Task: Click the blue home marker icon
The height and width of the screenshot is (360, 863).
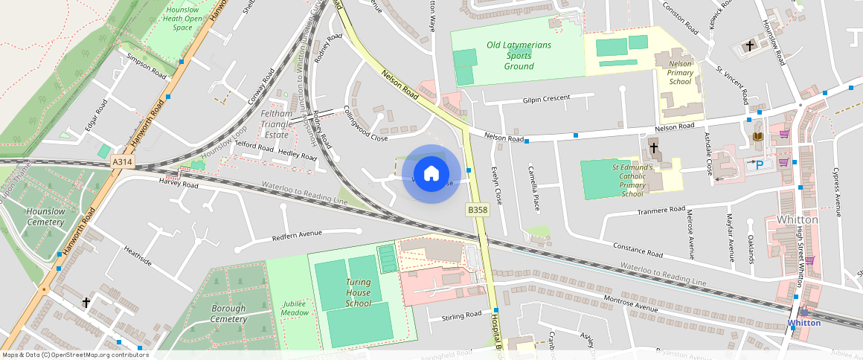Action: [x=431, y=174]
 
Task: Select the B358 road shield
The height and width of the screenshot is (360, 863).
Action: [x=478, y=210]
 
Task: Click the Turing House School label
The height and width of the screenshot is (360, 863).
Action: [x=358, y=292]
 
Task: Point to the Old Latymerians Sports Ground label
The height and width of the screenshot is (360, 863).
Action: [x=519, y=56]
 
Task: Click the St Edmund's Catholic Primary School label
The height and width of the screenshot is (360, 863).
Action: [x=632, y=181]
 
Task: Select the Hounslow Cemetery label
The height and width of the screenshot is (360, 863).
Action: [x=45, y=216]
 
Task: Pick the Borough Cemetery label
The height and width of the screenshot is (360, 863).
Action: [x=228, y=314]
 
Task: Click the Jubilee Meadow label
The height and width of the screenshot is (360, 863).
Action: [x=295, y=308]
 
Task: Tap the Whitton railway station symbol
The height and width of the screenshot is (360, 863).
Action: [x=803, y=312]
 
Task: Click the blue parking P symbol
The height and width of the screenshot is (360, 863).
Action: [x=760, y=164]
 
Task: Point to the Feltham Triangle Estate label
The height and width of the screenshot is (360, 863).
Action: [x=276, y=124]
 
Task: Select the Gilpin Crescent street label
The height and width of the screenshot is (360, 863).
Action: [x=546, y=98]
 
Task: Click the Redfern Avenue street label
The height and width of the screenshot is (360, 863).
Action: [x=297, y=234]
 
